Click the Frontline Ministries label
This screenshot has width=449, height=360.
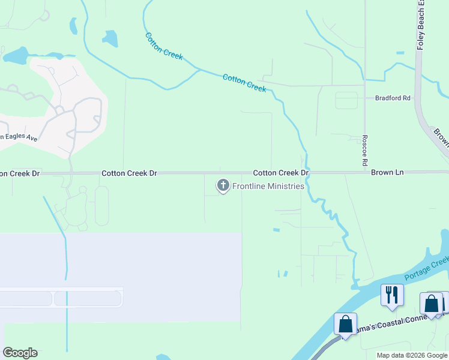268,186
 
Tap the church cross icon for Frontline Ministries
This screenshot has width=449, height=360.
223,186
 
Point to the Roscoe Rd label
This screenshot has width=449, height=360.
364,150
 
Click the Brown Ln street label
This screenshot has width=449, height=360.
387,172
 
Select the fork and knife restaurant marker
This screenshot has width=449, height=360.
392,295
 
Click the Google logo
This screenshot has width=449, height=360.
20,353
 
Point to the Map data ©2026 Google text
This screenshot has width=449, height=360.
412,355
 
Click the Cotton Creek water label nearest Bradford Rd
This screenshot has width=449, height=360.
244,83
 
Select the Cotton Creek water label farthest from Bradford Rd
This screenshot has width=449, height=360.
164,45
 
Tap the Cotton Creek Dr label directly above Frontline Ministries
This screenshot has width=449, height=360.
280,172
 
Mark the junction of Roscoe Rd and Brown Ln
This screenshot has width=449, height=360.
364,172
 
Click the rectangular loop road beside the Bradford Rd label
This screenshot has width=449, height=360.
346,100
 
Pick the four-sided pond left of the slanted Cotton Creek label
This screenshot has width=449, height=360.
110,39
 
